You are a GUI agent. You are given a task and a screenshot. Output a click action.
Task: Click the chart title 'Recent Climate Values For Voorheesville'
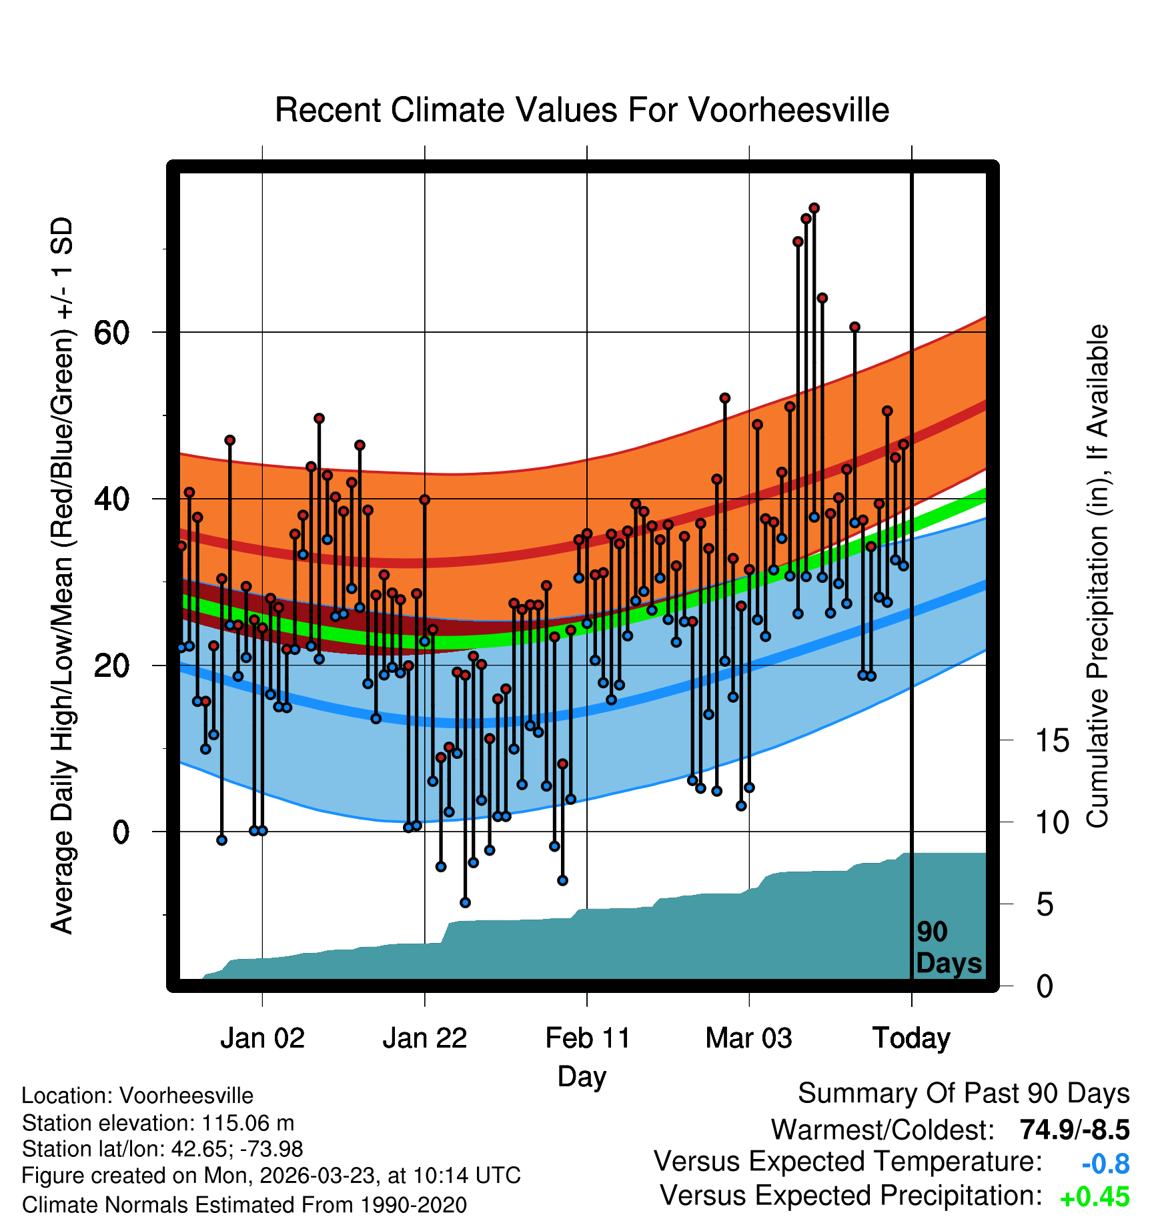click(x=582, y=111)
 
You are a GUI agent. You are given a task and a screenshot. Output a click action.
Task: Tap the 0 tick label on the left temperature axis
click(x=121, y=832)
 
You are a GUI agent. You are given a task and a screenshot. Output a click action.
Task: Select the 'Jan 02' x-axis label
click(x=262, y=1038)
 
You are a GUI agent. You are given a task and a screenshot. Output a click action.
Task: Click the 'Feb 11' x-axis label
click(x=587, y=1038)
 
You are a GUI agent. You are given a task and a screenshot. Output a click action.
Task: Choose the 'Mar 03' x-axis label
click(x=748, y=1038)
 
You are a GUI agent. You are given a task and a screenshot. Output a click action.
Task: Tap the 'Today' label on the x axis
click(x=911, y=1038)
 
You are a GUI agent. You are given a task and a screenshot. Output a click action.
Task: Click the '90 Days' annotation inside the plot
click(x=948, y=948)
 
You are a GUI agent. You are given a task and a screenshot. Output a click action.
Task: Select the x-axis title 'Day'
click(x=582, y=1076)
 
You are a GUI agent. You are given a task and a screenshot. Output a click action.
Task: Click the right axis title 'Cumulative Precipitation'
click(x=1097, y=577)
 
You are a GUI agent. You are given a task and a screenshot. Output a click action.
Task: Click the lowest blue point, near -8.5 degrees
click(x=465, y=903)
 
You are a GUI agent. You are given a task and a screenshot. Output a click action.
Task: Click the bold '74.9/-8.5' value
click(x=1074, y=1130)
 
